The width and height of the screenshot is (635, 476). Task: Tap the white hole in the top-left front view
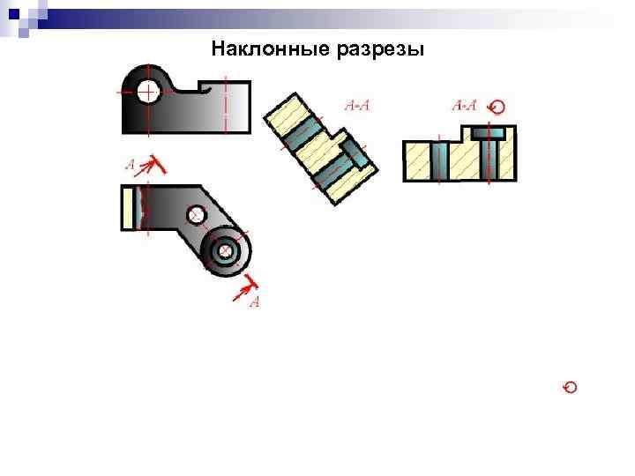148,91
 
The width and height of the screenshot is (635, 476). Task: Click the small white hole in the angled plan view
197,215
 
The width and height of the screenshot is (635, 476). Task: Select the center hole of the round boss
226,252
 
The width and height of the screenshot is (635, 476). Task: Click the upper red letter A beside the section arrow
131,164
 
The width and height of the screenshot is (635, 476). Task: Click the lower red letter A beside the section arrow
255,302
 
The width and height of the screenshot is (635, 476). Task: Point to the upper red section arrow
153,163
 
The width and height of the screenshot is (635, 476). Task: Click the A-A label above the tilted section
356,107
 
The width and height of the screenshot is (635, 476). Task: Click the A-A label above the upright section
465,106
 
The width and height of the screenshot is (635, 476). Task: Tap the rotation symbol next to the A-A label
497,107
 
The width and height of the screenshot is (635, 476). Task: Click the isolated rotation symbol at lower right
571,388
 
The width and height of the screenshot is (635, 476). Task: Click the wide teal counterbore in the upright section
487,132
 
